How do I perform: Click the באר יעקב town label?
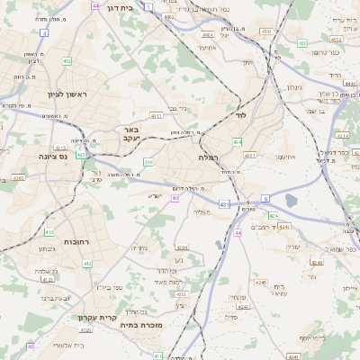(x=131, y=134)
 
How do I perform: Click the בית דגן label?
(x=131, y=5)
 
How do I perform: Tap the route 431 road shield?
(x=222, y=205)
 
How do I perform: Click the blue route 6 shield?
(x=265, y=197)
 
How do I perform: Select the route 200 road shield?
(x=148, y=162)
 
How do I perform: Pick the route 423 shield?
(x=82, y=154)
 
